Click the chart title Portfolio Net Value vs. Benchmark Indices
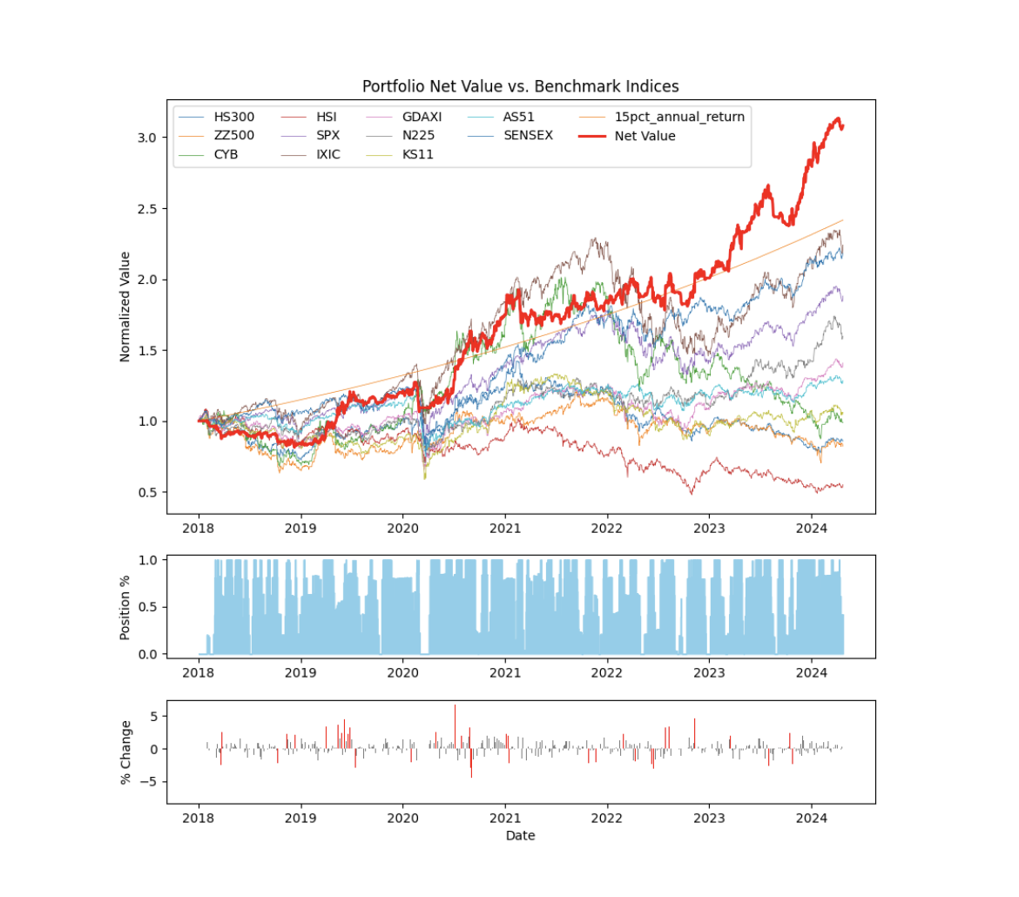pos(520,86)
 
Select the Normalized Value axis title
pos(125,307)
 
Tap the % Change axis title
pos(125,752)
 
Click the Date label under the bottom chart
pos(520,836)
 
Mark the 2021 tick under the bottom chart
pos(505,819)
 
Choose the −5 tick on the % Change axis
pos(151,782)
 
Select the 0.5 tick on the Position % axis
pos(150,607)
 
